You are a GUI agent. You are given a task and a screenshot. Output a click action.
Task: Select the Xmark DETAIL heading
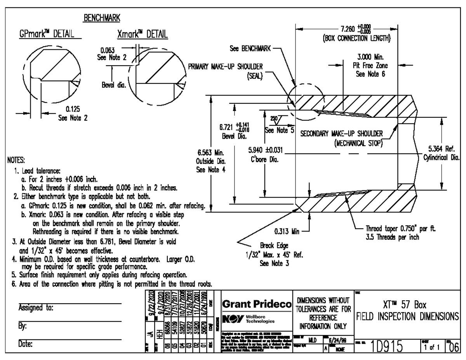pyautogui.click(x=142, y=33)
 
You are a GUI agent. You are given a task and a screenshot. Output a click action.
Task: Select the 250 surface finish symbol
pyautogui.click(x=273, y=117)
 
